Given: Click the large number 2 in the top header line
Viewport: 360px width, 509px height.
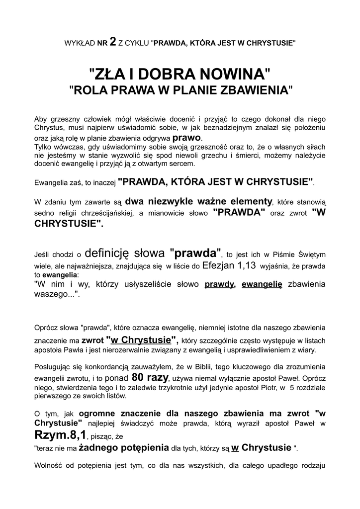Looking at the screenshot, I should point(113,43).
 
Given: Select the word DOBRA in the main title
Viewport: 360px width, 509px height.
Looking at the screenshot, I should point(160,75).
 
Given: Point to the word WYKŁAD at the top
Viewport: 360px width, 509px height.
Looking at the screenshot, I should point(80,44).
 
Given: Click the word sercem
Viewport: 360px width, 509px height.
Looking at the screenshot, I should point(182,164).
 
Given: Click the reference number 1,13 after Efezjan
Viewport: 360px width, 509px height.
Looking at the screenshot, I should point(243,265).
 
